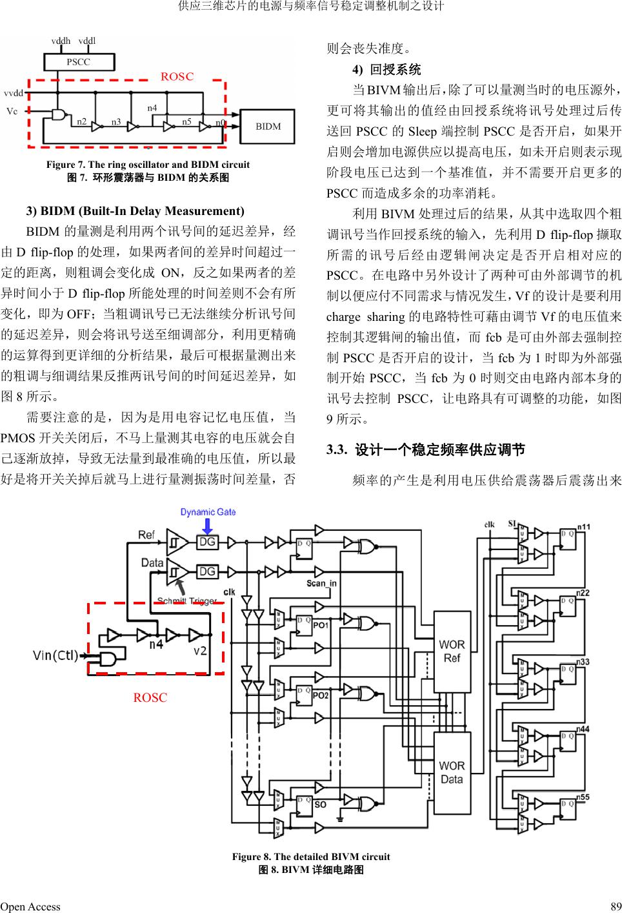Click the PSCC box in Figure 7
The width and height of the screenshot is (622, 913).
[79, 62]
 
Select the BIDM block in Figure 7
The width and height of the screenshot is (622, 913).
[268, 127]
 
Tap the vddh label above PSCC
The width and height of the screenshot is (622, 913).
[61, 41]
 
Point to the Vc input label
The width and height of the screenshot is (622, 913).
[12, 111]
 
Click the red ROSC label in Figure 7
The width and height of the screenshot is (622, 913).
[177, 77]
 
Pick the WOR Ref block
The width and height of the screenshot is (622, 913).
[452, 651]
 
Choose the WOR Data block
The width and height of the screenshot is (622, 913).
[452, 772]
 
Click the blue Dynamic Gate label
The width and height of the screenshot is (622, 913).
[208, 512]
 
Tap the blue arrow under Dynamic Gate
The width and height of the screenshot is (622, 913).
[207, 526]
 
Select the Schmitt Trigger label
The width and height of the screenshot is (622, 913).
[187, 601]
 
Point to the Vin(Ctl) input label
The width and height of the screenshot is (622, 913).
[55, 656]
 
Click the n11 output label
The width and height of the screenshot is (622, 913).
[583, 528]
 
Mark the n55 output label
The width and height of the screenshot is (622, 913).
[583, 797]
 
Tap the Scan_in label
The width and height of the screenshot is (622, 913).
[321, 583]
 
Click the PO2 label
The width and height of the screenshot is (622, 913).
[321, 695]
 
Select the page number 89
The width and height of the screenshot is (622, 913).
[615, 906]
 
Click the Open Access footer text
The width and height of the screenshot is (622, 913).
[30, 906]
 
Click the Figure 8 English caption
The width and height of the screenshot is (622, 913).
[311, 857]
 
